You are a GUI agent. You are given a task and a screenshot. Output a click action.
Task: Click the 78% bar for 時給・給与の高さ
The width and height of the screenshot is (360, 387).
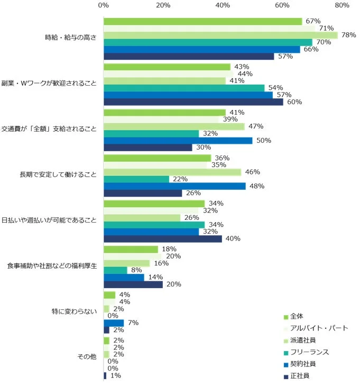[220, 35]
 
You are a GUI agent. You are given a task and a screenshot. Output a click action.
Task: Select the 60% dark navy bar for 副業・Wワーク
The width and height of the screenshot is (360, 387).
[193, 102]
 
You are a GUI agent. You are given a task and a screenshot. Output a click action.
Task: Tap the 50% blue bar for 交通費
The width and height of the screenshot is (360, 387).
[178, 141]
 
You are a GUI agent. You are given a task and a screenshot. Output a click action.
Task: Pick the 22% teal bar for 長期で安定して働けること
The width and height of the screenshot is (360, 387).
[136, 179]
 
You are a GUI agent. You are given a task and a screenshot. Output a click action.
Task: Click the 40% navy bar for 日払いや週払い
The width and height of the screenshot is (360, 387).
[163, 239]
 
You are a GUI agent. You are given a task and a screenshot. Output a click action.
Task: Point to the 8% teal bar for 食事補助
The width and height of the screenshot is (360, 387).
[116, 270]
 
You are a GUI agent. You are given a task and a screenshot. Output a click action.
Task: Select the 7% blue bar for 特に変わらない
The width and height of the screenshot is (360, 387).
[114, 323]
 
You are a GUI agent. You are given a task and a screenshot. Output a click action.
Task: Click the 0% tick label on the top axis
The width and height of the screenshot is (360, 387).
[104, 6]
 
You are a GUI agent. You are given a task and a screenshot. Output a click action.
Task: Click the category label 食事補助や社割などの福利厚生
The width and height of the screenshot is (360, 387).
[52, 265]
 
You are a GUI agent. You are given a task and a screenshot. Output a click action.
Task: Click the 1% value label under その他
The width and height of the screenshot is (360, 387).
[115, 376]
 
